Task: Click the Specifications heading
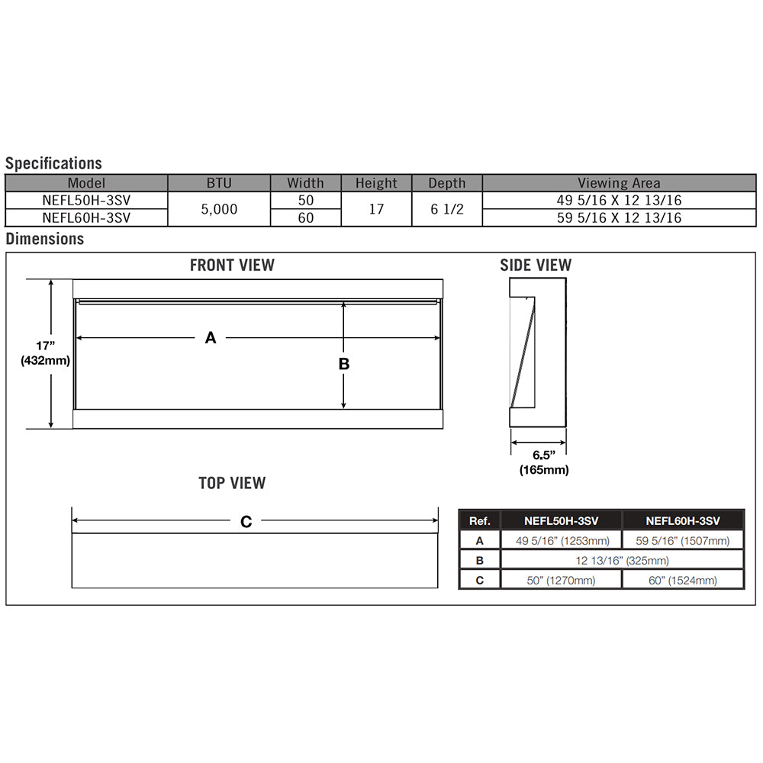[53, 163]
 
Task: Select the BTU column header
[218, 183]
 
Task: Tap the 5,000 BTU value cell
[219, 209]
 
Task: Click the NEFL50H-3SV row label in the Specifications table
[86, 200]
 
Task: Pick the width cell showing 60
[305, 217]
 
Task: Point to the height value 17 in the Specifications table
[376, 209]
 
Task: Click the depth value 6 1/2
[446, 209]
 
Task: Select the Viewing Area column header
[619, 183]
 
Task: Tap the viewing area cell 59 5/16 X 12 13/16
[619, 217]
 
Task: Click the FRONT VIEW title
[232, 266]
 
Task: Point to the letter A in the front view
[211, 337]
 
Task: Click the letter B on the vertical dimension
[344, 364]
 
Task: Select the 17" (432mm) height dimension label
[46, 353]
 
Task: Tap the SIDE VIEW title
[536, 266]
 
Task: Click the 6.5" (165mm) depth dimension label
[543, 462]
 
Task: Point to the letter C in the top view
[246, 522]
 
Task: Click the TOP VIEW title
[232, 483]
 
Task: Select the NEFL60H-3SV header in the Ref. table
[683, 521]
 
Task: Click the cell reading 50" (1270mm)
[561, 580]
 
